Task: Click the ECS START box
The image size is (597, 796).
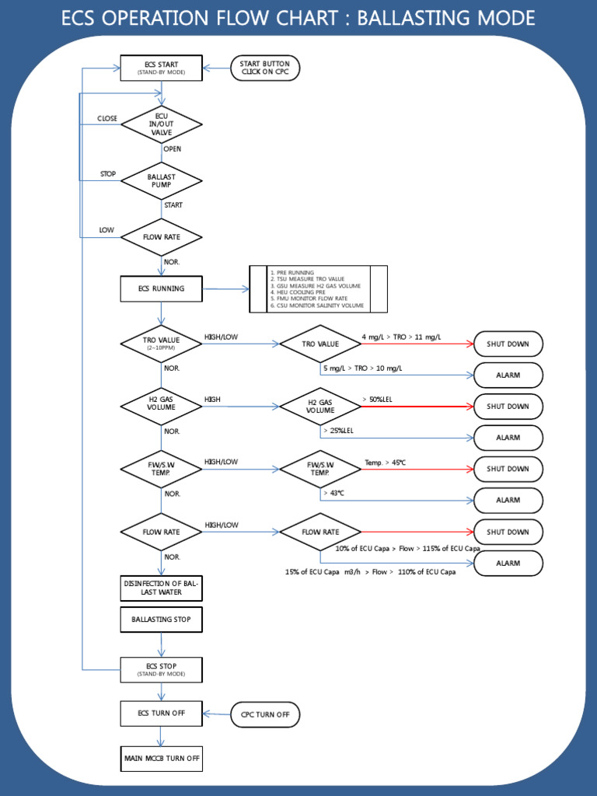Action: [162, 68]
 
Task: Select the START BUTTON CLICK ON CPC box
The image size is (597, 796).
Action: [265, 68]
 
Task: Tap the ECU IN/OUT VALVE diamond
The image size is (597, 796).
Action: [162, 124]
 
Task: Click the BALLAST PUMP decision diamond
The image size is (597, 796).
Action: [162, 180]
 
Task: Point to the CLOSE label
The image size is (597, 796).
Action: [107, 119]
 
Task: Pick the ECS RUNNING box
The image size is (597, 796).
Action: [162, 288]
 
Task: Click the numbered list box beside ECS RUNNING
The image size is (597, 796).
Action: [318, 289]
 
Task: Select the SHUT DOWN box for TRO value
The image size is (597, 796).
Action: [508, 344]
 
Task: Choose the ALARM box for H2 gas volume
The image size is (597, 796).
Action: [508, 438]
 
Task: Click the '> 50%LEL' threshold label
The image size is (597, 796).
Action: [377, 400]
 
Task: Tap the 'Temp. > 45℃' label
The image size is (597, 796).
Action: [385, 463]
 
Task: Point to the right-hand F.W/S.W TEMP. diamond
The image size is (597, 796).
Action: [320, 469]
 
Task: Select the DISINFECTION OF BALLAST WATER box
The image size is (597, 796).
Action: [162, 588]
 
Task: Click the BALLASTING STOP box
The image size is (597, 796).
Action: [162, 620]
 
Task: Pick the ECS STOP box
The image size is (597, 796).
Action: [162, 669]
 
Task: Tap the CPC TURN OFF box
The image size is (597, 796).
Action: [265, 714]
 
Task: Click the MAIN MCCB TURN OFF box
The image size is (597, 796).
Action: [162, 758]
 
